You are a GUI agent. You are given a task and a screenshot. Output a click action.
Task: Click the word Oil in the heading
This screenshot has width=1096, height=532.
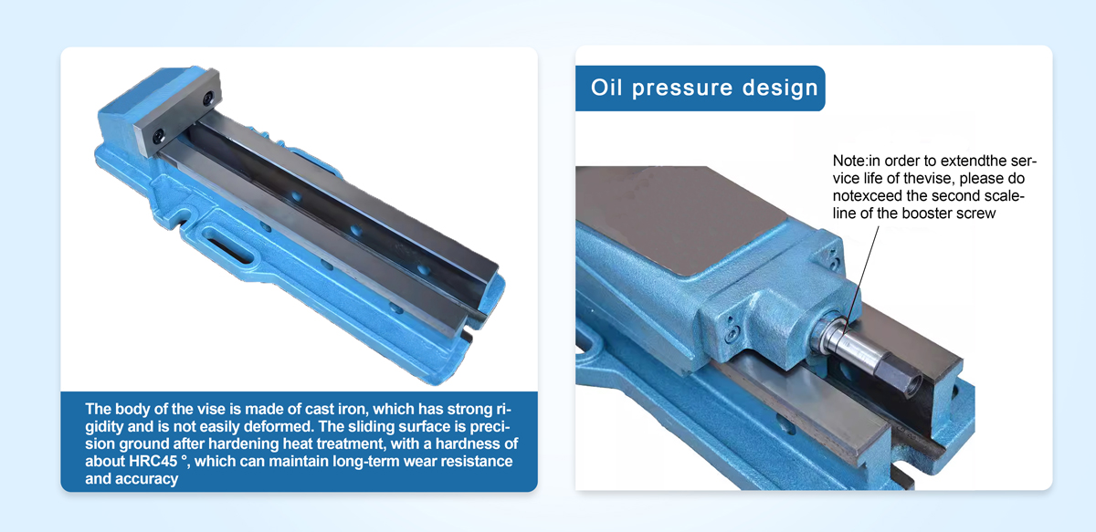[606, 88]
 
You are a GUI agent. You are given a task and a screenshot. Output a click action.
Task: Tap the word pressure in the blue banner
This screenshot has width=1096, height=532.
[682, 89]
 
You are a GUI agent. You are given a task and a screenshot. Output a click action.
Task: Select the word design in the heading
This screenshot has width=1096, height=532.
[780, 89]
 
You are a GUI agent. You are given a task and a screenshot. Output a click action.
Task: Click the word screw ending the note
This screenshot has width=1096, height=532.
[976, 214]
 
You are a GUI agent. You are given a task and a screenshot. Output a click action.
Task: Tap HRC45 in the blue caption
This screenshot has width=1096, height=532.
[153, 461]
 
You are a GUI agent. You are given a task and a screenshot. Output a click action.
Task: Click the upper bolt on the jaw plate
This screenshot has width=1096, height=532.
[208, 98]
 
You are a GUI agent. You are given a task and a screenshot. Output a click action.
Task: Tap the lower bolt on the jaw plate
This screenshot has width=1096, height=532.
[158, 137]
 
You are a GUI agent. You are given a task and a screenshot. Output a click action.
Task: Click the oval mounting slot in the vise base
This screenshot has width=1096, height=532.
[227, 244]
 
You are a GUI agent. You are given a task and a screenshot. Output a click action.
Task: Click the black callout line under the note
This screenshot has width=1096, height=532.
[861, 278]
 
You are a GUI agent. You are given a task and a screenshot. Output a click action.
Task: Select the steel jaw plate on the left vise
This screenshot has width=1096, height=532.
[177, 112]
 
